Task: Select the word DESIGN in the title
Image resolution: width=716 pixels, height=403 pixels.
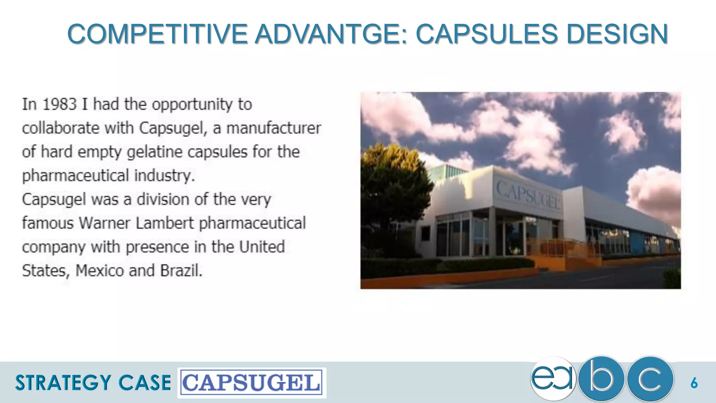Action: (x=617, y=34)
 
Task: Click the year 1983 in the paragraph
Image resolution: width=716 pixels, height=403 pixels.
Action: (x=59, y=104)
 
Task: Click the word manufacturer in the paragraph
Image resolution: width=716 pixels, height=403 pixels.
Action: (x=274, y=128)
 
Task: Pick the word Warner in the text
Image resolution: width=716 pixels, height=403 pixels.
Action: (x=105, y=223)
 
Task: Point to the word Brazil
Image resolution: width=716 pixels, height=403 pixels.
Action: (x=181, y=271)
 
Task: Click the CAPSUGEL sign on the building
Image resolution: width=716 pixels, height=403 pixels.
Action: (x=528, y=195)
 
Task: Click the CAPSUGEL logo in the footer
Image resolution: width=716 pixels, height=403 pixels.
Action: (x=252, y=383)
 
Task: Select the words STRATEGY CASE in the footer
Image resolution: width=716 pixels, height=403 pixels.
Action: (x=93, y=383)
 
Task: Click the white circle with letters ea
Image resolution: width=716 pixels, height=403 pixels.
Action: (x=553, y=379)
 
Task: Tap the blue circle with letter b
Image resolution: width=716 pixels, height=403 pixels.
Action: (x=601, y=379)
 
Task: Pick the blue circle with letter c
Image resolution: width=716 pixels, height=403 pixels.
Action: (x=650, y=379)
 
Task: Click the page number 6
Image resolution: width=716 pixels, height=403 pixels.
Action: (x=694, y=383)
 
